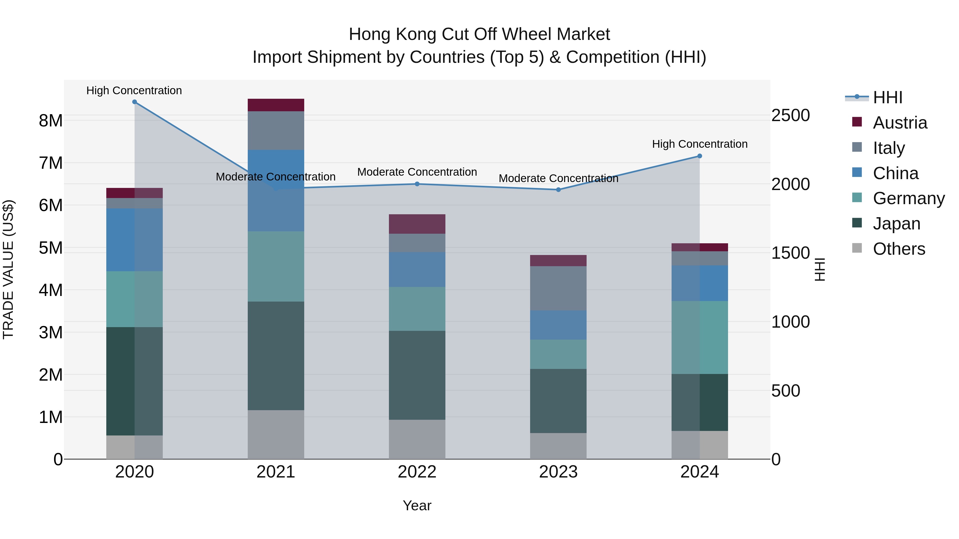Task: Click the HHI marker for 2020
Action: click(x=135, y=102)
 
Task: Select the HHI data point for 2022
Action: click(x=417, y=184)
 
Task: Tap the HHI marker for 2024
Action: click(x=700, y=156)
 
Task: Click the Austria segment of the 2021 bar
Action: click(x=276, y=105)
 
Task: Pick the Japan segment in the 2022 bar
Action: click(x=417, y=375)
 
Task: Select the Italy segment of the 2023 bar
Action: click(x=558, y=288)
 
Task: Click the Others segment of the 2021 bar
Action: click(x=276, y=434)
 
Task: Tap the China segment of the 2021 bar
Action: click(x=276, y=191)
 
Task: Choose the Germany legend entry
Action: click(x=908, y=198)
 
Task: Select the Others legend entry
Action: click(x=899, y=249)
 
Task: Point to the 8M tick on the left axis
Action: click(x=51, y=121)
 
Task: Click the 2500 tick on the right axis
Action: click(x=790, y=115)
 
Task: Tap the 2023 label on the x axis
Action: click(x=558, y=472)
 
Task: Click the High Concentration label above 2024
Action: click(x=700, y=144)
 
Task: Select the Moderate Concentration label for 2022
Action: click(x=417, y=172)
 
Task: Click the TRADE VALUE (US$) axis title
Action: click(x=8, y=269)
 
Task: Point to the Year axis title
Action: click(x=417, y=505)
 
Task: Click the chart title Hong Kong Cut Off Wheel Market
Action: click(x=479, y=34)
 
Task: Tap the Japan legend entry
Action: click(x=896, y=224)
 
